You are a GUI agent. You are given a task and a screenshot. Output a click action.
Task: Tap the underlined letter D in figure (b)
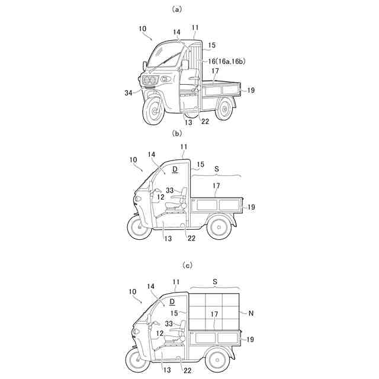click(x=175, y=169)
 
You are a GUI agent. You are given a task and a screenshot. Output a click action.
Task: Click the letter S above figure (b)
click(x=216, y=169)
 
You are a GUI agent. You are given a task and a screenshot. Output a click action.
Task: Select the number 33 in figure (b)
click(x=170, y=191)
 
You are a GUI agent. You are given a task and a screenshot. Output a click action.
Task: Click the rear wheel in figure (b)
click(x=217, y=228)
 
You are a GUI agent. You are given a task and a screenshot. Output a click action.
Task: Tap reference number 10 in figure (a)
click(x=142, y=28)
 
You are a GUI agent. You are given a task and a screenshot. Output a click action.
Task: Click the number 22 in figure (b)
click(x=191, y=238)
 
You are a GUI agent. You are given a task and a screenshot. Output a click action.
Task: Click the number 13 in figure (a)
click(x=187, y=123)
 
